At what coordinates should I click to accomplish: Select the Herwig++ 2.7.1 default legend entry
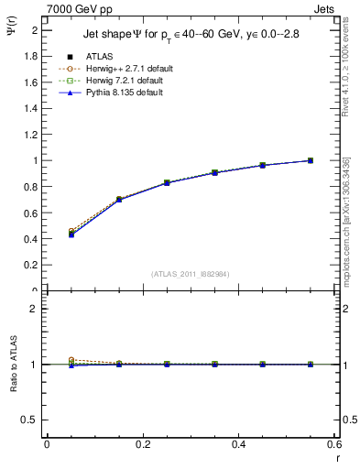coord(124,69)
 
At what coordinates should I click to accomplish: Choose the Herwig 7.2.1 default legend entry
coord(122,81)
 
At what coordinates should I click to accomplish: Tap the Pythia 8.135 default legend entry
coord(120,93)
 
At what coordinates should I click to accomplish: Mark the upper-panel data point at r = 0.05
coord(71,234)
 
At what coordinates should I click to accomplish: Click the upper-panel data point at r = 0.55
coord(311,160)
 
